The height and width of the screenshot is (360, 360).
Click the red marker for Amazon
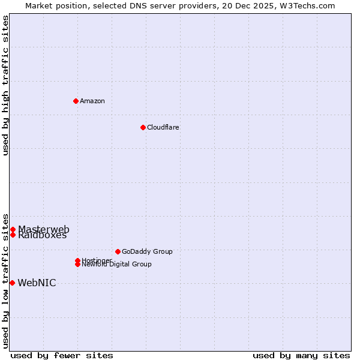point(76,101)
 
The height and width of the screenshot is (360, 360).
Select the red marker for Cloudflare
point(143,127)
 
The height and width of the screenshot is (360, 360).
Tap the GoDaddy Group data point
point(118,251)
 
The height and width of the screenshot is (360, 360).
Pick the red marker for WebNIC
point(12,283)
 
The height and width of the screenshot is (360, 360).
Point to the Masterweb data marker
point(13,229)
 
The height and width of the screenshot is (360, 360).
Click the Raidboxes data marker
point(13,235)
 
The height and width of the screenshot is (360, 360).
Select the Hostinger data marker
point(77,260)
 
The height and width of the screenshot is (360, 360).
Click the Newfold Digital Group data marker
point(77,264)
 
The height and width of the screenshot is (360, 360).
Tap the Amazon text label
point(92,101)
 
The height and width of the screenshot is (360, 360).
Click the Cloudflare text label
point(163,127)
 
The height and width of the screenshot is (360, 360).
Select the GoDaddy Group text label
point(147,251)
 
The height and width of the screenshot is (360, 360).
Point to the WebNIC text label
point(37,283)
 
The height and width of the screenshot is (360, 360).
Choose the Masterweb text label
point(44,229)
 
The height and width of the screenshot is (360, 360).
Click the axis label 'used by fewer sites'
point(62,355)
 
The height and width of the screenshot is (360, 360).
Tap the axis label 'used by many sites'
point(301,355)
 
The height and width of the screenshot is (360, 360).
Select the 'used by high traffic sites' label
point(6,85)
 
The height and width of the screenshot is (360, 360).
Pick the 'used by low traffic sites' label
point(6,280)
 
